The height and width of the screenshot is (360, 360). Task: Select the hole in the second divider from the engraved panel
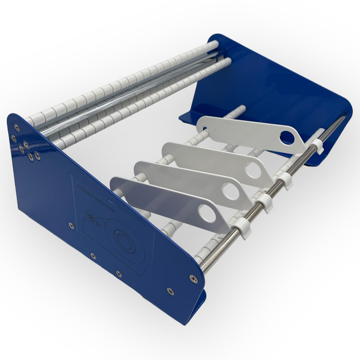(230, 192)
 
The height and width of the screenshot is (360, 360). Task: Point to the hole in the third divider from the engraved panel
(253, 168)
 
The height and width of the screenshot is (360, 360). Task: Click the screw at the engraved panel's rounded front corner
(192, 279)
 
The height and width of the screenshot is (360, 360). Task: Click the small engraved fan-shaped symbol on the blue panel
(92, 220)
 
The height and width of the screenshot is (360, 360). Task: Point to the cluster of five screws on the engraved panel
(25, 148)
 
